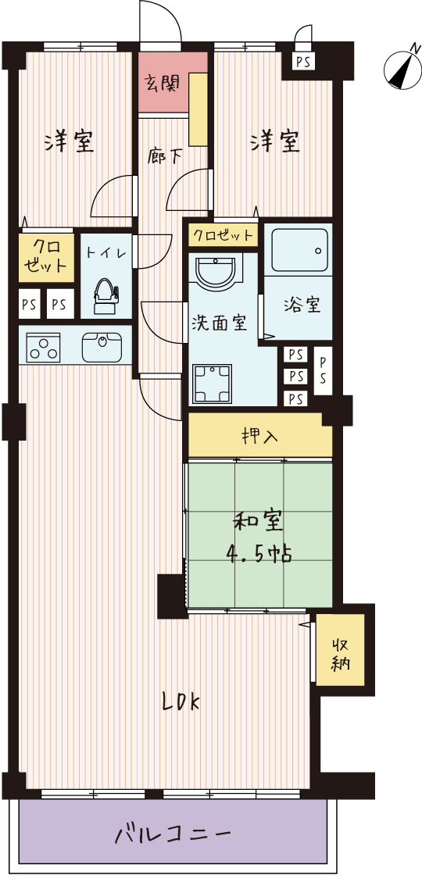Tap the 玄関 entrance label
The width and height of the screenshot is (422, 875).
[x=163, y=83]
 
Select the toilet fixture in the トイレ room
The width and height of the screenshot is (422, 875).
[x=105, y=296]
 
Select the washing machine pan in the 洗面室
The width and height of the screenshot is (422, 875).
[x=212, y=384]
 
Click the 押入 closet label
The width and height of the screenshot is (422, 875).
[x=260, y=435]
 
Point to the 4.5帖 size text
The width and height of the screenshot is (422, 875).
[x=259, y=554]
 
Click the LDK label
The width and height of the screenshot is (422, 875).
[x=181, y=702]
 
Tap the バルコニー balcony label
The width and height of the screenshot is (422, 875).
[x=173, y=835]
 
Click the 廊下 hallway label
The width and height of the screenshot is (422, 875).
[x=165, y=155]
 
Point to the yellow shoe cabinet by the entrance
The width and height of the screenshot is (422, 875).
[x=198, y=109]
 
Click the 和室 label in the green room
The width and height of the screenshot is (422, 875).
[x=258, y=523]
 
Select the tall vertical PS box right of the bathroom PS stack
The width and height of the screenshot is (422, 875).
[x=323, y=370]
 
